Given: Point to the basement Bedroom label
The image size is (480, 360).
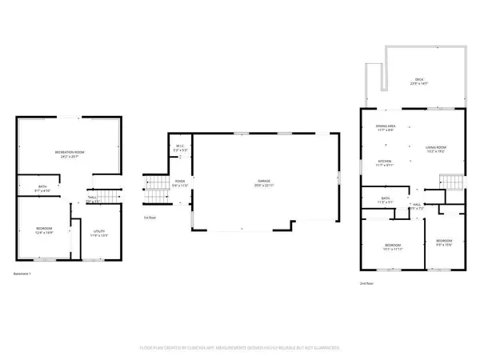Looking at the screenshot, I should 44,230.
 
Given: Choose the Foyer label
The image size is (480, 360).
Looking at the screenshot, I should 181,183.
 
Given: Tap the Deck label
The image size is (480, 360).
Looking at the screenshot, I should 417,81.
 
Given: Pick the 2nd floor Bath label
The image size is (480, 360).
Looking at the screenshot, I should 386,200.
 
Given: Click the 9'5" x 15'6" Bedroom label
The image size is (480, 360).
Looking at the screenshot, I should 444,242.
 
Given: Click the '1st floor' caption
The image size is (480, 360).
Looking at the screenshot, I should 150,218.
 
